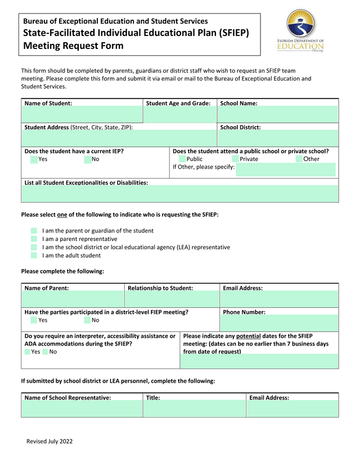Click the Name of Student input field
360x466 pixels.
82,115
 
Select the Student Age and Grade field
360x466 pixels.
180,115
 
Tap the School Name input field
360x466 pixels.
278,115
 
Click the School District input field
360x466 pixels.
278,138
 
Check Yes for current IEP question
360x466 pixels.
34,159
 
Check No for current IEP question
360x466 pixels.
88,159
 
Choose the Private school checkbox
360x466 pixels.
236,159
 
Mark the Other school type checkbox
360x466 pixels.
299,159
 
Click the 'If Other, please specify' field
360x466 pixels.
285,169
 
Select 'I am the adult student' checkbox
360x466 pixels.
34,256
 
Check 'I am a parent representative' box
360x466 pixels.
34,239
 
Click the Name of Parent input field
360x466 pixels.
73,299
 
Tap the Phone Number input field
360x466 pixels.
279,323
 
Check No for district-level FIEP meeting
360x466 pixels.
88,320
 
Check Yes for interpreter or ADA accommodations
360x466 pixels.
28,352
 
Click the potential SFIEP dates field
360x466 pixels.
259,361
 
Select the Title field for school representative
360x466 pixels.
194,409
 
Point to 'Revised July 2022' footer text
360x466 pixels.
49,441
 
